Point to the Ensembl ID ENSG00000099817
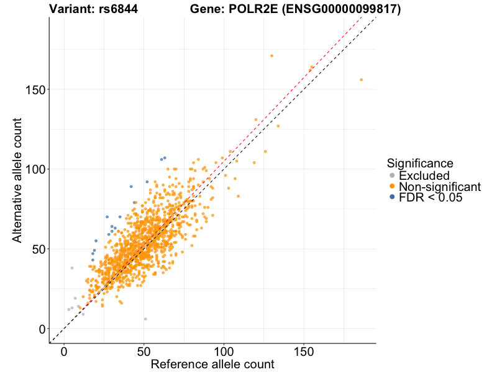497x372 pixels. pos(336,9)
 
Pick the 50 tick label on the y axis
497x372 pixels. pos(38,249)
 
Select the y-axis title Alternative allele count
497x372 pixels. pos(17,180)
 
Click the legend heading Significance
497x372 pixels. pos(420,163)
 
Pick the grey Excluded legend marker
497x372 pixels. pos(391,175)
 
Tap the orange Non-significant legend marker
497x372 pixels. pos(391,187)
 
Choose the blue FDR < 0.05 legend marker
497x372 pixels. pos(391,198)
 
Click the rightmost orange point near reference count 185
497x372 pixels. pos(362,79)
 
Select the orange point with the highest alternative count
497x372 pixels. pos(271,56)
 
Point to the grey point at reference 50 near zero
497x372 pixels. pos(145,319)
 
